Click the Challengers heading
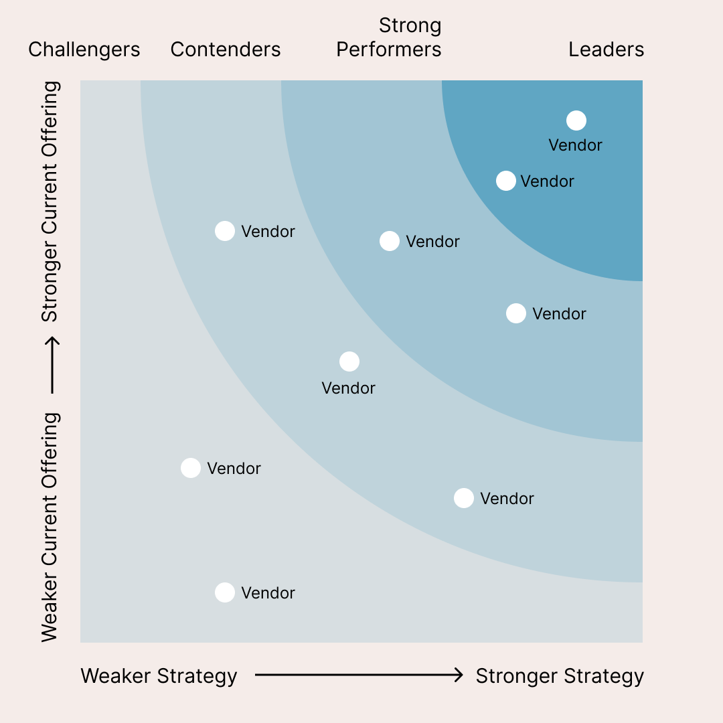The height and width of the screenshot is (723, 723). pos(84,50)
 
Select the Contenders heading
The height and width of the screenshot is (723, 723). pos(226,50)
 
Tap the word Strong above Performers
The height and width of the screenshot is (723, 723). pos(410,25)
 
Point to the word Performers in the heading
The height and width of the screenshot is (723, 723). pos(388,50)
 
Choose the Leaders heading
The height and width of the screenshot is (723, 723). pos(606,50)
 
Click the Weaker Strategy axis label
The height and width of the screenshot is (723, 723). pos(159,676)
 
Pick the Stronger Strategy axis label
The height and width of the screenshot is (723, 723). pos(560,676)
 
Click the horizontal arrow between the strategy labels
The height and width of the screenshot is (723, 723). pos(359,675)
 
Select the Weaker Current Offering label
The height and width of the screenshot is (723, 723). pos(50,527)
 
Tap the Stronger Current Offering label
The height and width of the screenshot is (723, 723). pos(50,201)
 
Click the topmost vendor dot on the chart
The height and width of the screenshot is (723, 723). pos(576,120)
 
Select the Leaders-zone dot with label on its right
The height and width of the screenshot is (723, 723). pos(506,181)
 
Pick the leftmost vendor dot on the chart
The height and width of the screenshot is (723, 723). pos(191,468)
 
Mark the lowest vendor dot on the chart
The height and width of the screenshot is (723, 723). pos(225,592)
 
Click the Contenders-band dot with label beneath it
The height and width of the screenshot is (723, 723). pos(349,361)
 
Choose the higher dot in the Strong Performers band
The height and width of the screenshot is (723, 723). pos(389,241)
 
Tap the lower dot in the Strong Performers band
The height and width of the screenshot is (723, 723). pos(515,313)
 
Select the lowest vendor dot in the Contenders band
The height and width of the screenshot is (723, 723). pos(463,498)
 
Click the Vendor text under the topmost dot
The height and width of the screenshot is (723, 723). pos(575,145)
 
